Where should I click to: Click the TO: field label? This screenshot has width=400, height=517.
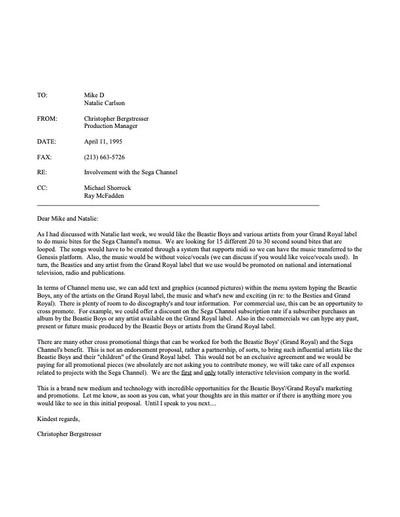(42, 95)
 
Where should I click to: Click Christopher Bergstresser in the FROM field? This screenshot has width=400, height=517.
(124, 119)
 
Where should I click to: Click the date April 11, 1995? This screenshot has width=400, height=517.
(103, 142)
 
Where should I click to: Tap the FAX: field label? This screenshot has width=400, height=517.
(44, 157)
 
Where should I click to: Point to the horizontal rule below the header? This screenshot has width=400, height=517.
(178, 206)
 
